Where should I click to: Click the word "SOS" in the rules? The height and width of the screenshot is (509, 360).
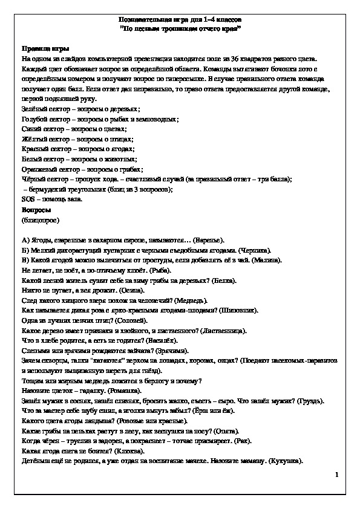click(x=28, y=199)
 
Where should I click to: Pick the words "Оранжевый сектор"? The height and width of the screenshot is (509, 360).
click(x=49, y=169)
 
